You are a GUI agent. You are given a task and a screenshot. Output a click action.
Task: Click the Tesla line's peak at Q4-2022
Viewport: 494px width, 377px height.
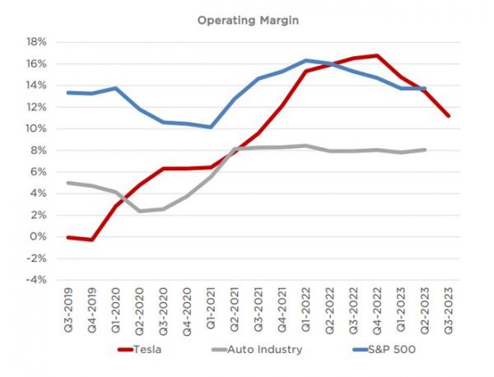coord(377,55)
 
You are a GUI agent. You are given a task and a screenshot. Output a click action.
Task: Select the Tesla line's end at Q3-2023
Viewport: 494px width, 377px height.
coord(449,115)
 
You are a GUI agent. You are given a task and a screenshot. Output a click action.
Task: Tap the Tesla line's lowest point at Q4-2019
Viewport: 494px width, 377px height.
coord(92,240)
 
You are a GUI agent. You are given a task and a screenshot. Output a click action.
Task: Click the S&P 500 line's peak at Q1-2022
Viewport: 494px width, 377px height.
coord(306,60)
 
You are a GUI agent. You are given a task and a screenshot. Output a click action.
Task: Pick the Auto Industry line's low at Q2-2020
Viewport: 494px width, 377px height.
coord(140,211)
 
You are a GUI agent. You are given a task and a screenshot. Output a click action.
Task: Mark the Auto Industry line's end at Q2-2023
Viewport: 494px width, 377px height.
coord(425,150)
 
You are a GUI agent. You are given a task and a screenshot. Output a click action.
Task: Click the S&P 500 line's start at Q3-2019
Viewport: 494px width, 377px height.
coord(68,92)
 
